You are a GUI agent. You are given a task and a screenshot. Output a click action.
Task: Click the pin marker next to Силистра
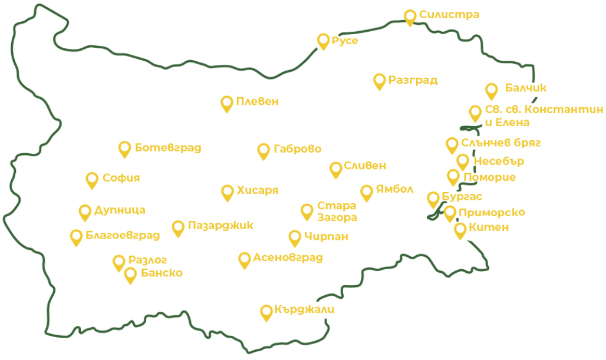410,16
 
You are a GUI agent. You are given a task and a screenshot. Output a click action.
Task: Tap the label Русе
345,41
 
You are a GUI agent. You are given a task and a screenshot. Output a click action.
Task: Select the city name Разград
413,80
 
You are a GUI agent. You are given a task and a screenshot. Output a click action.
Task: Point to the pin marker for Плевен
226,103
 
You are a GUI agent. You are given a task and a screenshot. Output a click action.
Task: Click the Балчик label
525,88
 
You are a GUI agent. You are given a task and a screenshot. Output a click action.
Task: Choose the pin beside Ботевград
124,148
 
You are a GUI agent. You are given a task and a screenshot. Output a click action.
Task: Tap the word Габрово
297,149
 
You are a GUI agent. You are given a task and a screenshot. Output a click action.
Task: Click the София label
121,178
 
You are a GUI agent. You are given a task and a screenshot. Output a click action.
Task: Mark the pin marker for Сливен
336,169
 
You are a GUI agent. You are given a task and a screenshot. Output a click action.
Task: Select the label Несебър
498,161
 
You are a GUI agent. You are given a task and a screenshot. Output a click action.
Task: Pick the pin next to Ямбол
367,191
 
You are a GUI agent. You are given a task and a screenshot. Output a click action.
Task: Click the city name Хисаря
257,190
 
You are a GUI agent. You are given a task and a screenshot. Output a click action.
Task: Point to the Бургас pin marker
433,199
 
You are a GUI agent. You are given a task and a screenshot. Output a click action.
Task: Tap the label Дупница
120,210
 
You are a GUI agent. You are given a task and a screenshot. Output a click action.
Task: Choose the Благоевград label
123,236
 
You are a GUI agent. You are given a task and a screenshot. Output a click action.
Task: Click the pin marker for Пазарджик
178,227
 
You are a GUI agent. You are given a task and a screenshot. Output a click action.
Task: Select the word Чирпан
327,237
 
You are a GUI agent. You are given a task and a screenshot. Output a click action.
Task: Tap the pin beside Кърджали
266,312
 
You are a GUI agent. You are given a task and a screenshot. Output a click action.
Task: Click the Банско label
162,273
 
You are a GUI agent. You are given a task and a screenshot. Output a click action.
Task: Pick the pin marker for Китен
460,230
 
